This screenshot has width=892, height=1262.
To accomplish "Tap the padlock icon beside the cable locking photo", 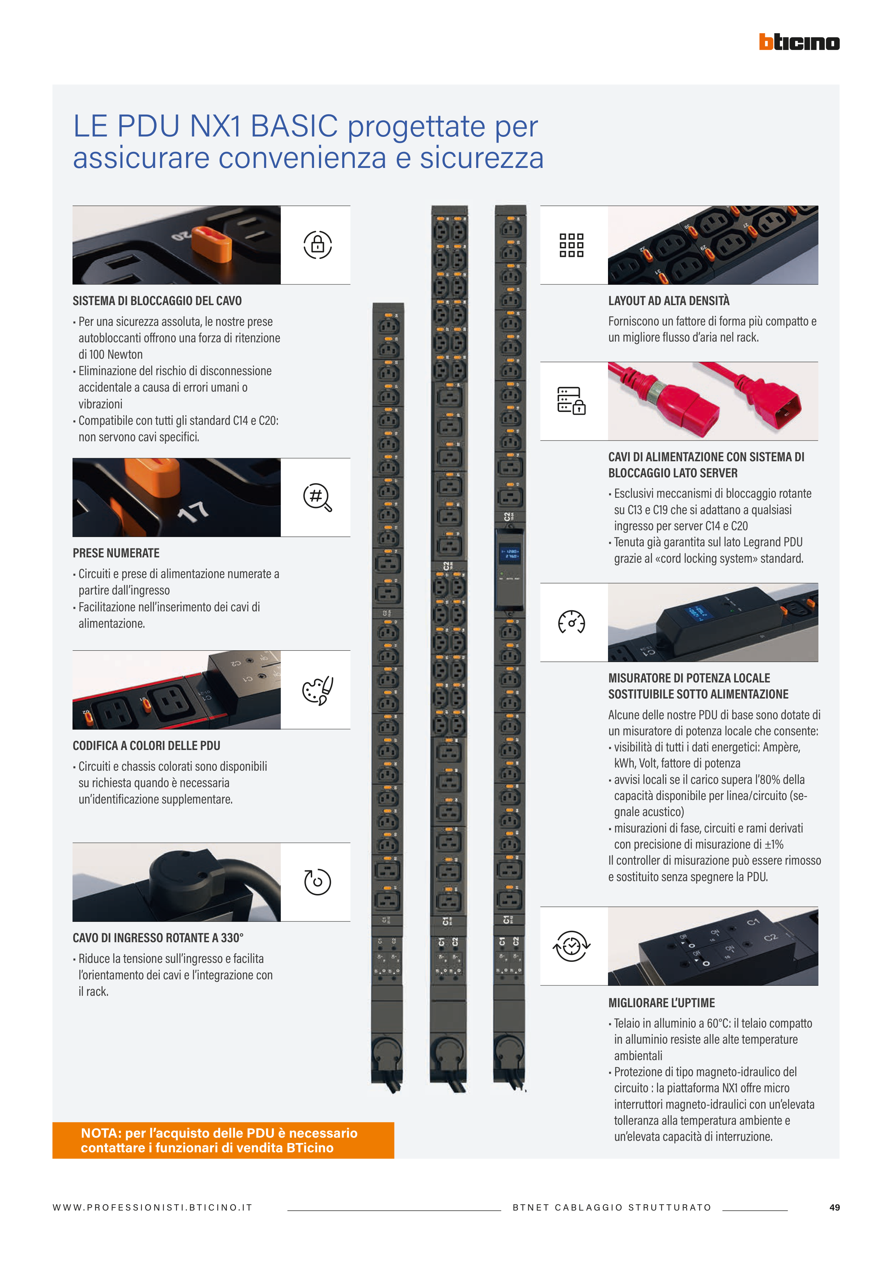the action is pos(318,245).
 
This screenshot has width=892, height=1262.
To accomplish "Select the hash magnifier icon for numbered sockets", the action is pos(318,497).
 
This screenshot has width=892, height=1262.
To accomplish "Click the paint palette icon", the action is pos(318,690).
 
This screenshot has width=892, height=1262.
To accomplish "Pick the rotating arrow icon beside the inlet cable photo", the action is pos(318,881).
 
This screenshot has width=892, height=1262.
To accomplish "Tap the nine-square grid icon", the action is pos(572,245).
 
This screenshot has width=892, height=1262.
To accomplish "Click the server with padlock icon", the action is pos(572,401).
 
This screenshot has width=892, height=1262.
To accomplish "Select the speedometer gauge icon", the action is pos(572,622).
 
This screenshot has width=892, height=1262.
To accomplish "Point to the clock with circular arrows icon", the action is pos(572,946).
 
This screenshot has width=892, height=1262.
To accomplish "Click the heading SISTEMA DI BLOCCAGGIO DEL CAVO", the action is pos(157,300).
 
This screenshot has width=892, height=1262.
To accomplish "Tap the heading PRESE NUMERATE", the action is pos(116,553).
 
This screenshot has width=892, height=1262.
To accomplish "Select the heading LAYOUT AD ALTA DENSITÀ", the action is pos(669,300).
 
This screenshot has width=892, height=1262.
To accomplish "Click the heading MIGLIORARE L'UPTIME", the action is pos(662,1003).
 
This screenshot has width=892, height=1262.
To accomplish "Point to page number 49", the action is pos(834,1207).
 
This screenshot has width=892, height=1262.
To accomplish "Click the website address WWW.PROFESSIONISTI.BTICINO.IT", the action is pos(152,1207).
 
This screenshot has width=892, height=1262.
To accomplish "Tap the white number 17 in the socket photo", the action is pos(194,512).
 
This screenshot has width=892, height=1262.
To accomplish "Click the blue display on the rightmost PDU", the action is pos(509,553).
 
